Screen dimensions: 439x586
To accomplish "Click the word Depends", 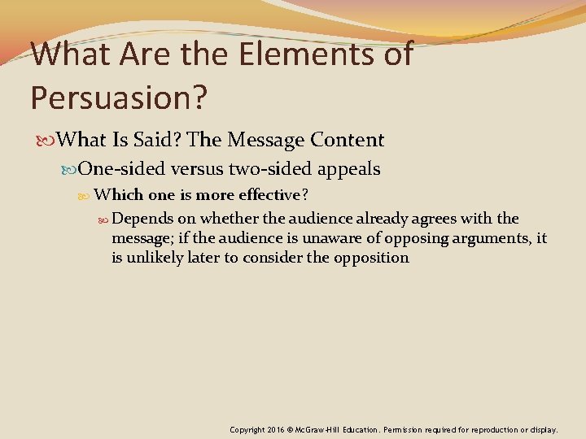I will (142, 219).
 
